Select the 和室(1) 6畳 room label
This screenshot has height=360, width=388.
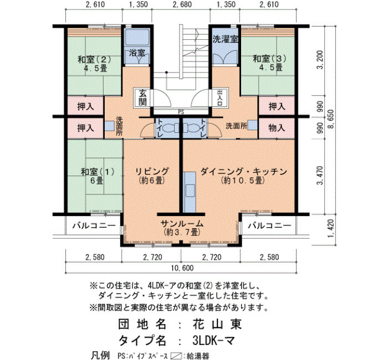pyautogui.click(x=98, y=176)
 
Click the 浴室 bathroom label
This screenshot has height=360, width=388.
pyautogui.click(x=137, y=53)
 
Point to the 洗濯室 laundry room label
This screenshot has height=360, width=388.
pyautogui.click(x=225, y=39)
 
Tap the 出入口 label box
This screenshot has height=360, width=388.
pyautogui.click(x=219, y=98)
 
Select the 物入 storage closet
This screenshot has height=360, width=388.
pyautogui.click(x=277, y=128)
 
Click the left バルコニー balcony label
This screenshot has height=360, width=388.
pyautogui.click(x=94, y=225)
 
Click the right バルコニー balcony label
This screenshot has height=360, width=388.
pyautogui.click(x=270, y=225)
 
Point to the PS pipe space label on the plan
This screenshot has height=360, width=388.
pyautogui.click(x=181, y=112)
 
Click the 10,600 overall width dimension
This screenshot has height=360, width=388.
pyautogui.click(x=182, y=268)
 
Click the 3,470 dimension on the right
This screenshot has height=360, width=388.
pyautogui.click(x=320, y=176)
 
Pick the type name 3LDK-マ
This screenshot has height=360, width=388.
pyautogui.click(x=213, y=341)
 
